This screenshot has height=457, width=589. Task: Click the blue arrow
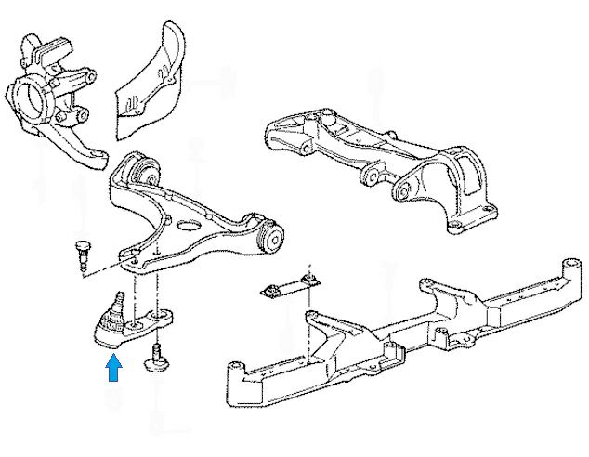click(114, 370)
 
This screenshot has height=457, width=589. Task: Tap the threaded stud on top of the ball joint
click(118, 300)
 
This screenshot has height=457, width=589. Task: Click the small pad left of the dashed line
click(271, 292)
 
